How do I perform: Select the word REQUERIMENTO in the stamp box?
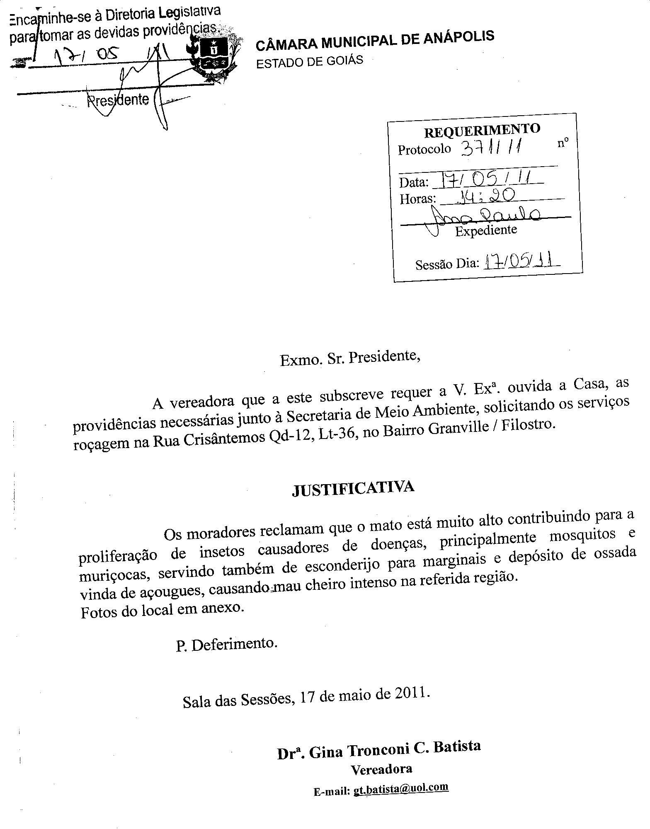[x=482, y=130]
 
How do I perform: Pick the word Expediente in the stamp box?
[x=486, y=230]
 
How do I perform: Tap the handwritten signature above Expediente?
[x=485, y=216]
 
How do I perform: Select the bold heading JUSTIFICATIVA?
[x=353, y=488]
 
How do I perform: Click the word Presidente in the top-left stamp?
[x=118, y=100]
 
